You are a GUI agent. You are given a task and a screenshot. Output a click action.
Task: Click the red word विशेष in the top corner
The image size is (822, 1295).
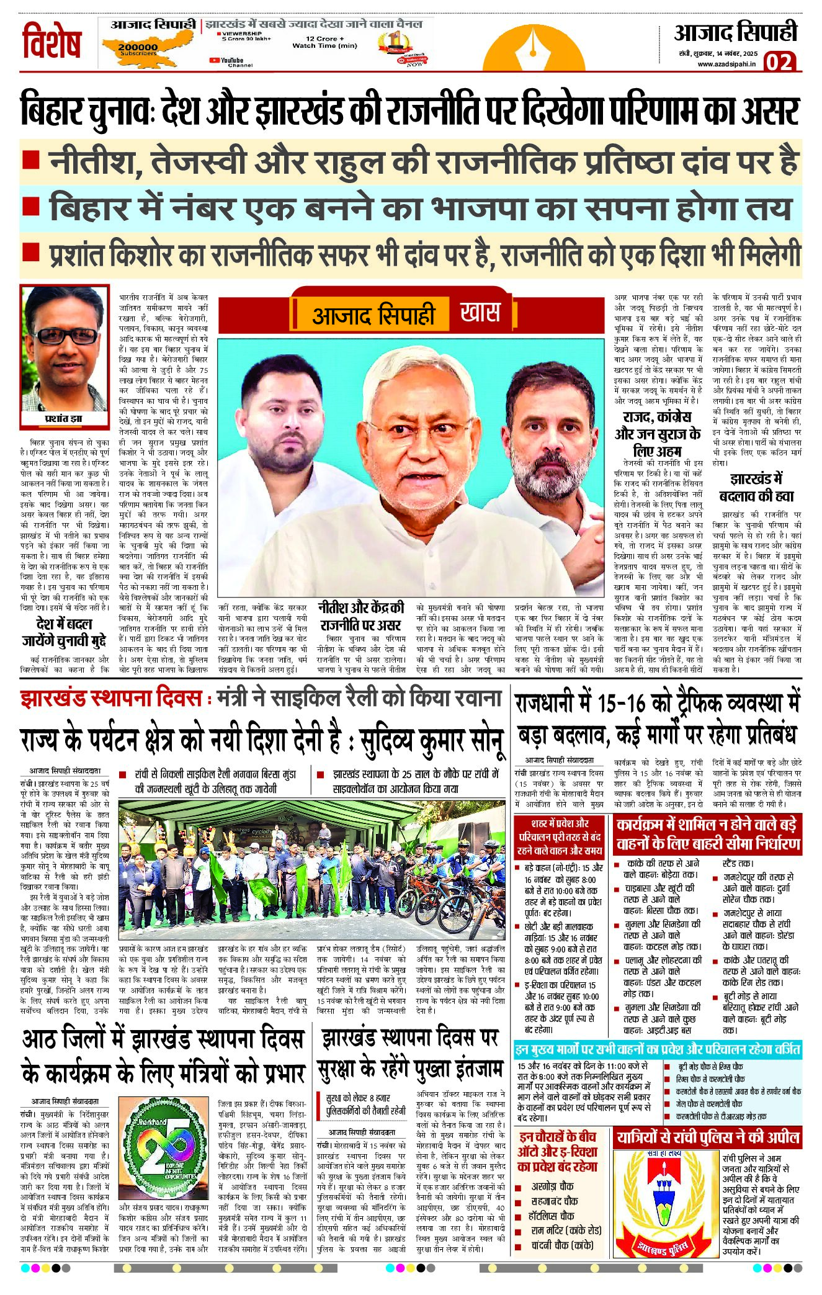pyautogui.click(x=52, y=42)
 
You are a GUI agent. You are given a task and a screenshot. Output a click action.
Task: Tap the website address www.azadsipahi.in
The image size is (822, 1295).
pyautogui.click(x=726, y=64)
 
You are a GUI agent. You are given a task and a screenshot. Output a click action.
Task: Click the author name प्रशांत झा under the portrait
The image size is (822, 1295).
pyautogui.click(x=63, y=419)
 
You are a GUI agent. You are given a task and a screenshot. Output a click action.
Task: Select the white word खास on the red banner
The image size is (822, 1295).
pyautogui.click(x=480, y=312)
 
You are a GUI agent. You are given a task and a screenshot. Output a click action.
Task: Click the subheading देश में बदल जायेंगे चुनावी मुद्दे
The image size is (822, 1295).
pyautogui.click(x=65, y=632)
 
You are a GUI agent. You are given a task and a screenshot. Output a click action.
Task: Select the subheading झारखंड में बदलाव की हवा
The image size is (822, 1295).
pyautogui.click(x=756, y=488)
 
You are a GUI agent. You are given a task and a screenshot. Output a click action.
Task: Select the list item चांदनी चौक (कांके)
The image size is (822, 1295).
pyautogui.click(x=562, y=1245)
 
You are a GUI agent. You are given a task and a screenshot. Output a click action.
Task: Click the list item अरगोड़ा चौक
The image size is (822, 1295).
pyautogui.click(x=552, y=1186)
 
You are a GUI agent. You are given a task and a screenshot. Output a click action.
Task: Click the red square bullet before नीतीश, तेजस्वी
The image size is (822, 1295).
pyautogui.click(x=30, y=160)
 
